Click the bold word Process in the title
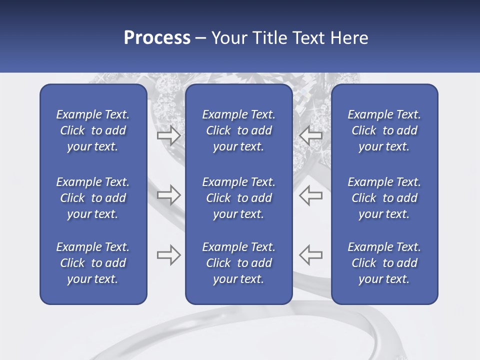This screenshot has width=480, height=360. coord(157,38)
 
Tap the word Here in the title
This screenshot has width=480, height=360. coord(349,38)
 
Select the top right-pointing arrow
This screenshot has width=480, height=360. coord(168,135)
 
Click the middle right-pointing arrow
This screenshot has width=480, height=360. coord(168,195)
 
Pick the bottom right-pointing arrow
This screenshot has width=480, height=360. coord(168,255)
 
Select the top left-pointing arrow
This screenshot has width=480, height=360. coord(311,135)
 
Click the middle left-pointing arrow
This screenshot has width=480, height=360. coord(311,195)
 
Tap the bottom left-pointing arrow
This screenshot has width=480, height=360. coord(311,255)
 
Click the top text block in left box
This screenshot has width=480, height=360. coord(93,130)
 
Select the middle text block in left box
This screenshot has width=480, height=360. coord(93,198)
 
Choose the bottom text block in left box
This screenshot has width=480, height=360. coord(93,263)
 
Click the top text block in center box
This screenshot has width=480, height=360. coord(239,130)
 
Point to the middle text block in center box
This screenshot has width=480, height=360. coord(239,198)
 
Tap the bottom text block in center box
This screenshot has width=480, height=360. coord(239,263)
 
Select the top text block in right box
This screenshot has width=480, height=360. coord(384,130)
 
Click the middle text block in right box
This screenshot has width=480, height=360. coord(384,198)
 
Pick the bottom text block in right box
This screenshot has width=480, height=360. coord(384,263)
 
